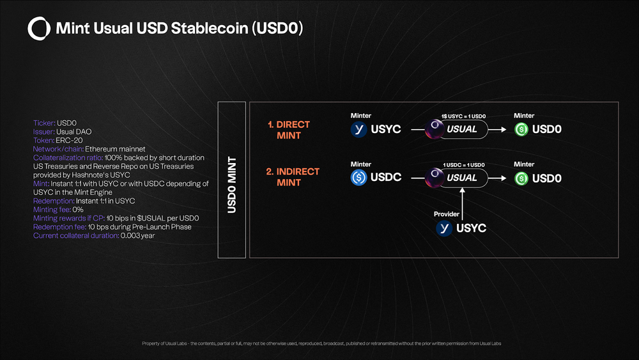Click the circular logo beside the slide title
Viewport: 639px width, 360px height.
(39, 28)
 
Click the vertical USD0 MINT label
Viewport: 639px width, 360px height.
(231, 185)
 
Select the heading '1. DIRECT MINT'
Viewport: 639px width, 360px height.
(289, 130)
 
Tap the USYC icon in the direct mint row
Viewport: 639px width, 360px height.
(358, 129)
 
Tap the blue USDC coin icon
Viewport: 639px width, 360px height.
(358, 177)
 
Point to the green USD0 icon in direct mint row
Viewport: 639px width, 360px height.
(521, 129)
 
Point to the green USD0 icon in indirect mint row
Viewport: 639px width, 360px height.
(521, 178)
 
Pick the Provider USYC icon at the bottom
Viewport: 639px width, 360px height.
(443, 228)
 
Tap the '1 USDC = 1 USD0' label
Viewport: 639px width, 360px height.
(463, 165)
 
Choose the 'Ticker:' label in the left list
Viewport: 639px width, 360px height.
(44, 123)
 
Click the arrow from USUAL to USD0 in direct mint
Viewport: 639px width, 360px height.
(499, 129)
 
